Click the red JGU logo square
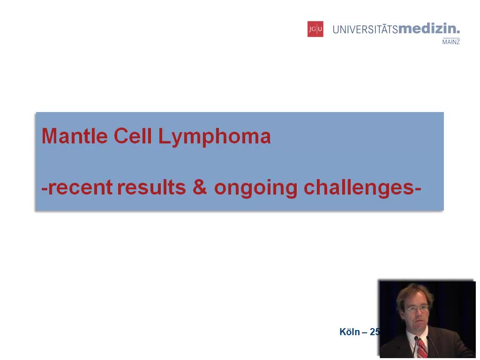pos(315,29)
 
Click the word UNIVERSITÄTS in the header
pos(365,30)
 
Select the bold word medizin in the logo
pos(428,29)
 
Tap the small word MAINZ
pos(451,42)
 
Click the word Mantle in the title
pos(75,136)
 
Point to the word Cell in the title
pos(133,136)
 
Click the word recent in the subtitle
pos(80,187)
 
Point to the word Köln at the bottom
pos(349,332)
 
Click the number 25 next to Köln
pos(375,332)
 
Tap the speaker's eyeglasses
pos(417,309)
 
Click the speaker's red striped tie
pos(421,348)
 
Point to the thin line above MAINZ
pos(451,37)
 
